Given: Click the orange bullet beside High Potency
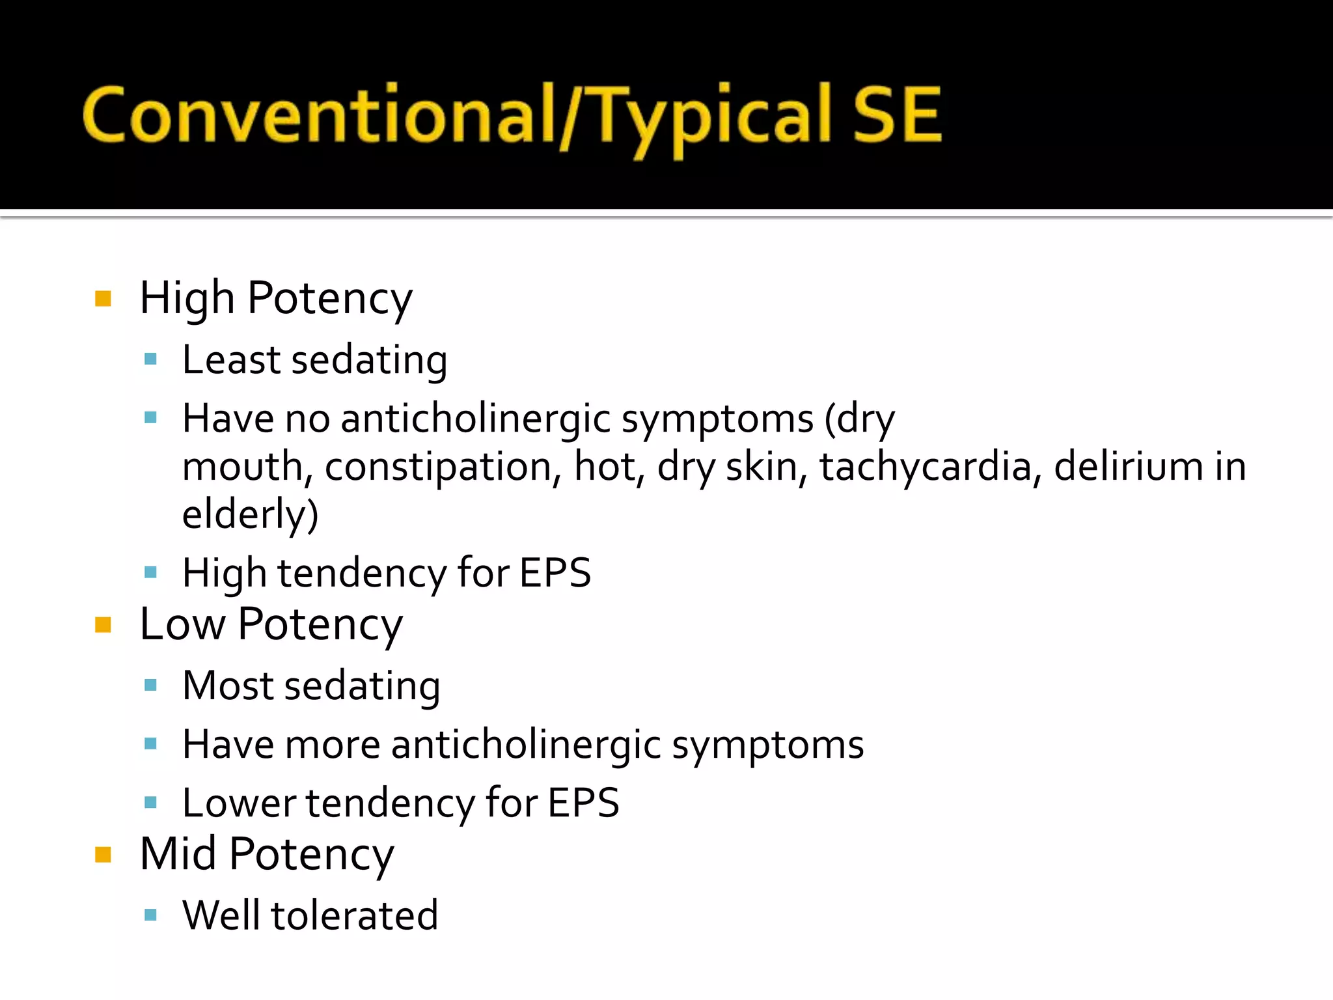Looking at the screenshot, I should coord(103,299).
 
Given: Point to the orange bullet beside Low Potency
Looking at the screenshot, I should coord(103,625).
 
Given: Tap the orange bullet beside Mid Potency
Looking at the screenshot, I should coord(103,854).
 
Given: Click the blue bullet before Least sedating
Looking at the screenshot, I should coord(151,359).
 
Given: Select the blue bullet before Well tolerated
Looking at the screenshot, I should coord(151,915).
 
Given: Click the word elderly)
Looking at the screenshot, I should coord(250,514).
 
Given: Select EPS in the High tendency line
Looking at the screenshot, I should coord(555,573).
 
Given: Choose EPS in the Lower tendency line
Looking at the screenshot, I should coord(583,803).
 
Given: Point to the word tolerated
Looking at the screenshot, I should coord(354,915).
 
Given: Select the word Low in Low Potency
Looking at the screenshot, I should coord(182,624).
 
